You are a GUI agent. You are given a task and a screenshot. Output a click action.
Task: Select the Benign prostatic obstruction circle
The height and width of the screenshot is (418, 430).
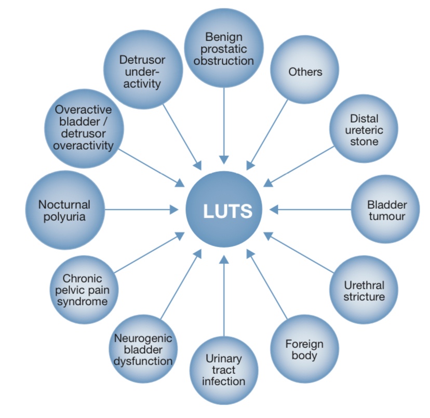(222, 48)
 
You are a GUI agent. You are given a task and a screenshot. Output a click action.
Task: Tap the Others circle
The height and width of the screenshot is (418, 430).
(305, 72)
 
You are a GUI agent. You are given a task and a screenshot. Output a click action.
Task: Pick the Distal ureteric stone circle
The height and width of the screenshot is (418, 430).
(364, 129)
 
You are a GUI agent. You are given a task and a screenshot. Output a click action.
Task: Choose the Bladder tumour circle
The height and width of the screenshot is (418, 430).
(386, 209)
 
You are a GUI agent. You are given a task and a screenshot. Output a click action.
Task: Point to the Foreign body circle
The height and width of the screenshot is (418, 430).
(304, 349)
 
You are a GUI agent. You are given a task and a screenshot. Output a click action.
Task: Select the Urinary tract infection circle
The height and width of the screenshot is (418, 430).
(224, 370)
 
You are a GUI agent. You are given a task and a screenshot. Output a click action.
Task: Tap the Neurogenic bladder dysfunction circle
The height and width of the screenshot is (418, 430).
(143, 349)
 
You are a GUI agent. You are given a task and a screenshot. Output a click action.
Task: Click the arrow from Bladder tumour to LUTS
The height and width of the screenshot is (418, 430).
(312, 209)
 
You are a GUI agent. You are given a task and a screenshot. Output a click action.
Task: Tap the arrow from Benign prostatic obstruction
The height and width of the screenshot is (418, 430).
(223, 125)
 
